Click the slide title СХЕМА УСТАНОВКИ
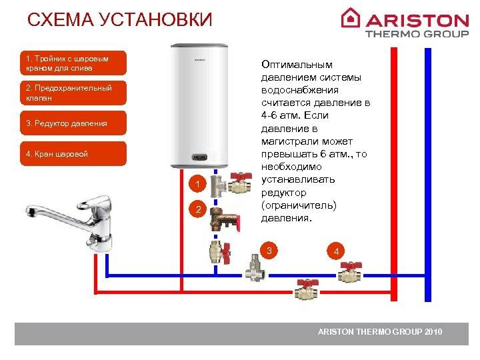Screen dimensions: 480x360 click(x=119, y=20)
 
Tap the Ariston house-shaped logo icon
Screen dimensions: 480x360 click(x=351, y=17)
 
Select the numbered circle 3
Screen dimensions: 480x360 click(x=269, y=251)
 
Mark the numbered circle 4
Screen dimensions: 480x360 click(x=337, y=251)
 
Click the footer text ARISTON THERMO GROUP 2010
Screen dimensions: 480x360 click(x=379, y=332)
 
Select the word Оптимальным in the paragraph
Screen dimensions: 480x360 click(x=297, y=65)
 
